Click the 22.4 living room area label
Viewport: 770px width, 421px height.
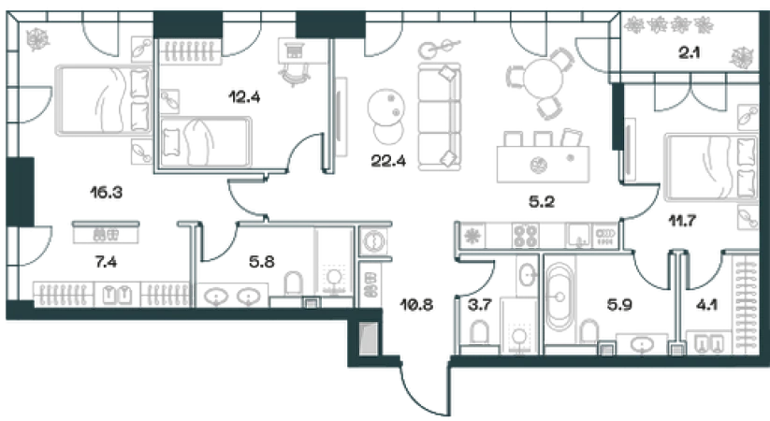click(x=388, y=161)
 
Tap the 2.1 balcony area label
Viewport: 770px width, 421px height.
click(x=689, y=52)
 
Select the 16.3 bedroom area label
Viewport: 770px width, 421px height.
click(x=106, y=192)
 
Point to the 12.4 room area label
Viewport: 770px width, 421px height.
click(x=244, y=96)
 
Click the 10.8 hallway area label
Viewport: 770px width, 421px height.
click(x=416, y=305)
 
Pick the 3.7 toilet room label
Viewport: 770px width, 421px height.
click(x=479, y=305)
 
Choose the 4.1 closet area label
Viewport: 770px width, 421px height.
click(x=706, y=305)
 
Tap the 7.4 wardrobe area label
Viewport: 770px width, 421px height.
click(x=106, y=262)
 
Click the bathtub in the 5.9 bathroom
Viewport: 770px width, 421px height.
click(x=559, y=298)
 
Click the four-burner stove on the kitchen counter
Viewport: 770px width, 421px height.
click(x=526, y=236)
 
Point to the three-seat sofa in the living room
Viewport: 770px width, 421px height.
click(x=439, y=116)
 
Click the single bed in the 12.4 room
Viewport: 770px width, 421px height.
click(x=206, y=142)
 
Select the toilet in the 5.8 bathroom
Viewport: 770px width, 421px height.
click(x=293, y=283)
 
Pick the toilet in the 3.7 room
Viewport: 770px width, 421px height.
click(x=479, y=332)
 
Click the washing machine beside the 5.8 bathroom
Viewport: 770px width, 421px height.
click(x=373, y=241)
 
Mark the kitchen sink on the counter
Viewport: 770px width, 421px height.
click(x=579, y=236)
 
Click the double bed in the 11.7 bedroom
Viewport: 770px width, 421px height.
click(x=710, y=168)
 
